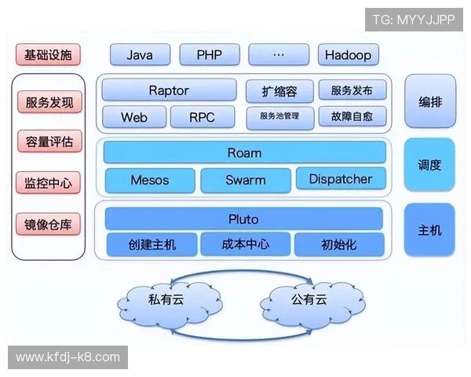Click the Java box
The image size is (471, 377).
140,55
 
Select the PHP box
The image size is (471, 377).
209,55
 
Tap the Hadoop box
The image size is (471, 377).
349,55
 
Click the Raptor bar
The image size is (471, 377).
169,90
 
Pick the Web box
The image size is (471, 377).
134,117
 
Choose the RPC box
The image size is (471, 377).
203,117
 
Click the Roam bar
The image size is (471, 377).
244,152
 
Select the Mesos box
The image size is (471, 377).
149,179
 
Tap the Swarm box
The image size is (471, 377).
246,179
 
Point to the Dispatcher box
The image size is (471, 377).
341,178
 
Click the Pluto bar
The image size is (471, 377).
243,218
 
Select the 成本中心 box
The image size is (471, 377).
246,244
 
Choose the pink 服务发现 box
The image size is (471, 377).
49,102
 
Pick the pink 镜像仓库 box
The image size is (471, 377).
49,225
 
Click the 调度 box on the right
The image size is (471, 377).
429,165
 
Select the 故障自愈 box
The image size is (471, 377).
352,117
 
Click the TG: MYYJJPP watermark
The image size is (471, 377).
414,20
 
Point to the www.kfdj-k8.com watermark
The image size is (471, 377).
68,357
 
